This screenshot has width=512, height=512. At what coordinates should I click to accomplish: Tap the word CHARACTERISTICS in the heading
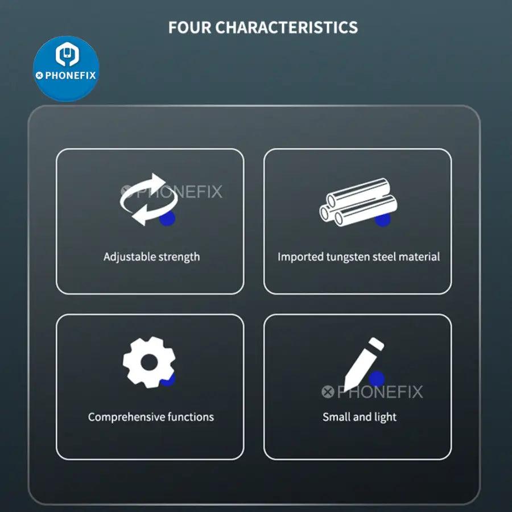286,27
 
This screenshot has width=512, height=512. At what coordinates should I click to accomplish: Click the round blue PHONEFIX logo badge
67,69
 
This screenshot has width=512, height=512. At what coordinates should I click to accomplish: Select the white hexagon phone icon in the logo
67,54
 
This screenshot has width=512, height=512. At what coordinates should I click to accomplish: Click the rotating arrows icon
148,199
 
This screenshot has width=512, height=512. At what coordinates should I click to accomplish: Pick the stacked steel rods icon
358,203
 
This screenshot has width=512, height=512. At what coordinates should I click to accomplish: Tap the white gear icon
149,362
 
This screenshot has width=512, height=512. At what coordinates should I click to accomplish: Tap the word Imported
300,257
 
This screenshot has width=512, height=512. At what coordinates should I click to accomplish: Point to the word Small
336,417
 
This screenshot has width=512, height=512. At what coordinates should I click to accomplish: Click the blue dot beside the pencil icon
377,379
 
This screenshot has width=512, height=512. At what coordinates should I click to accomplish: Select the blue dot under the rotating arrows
167,217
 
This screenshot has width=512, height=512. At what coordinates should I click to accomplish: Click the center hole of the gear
149,362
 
